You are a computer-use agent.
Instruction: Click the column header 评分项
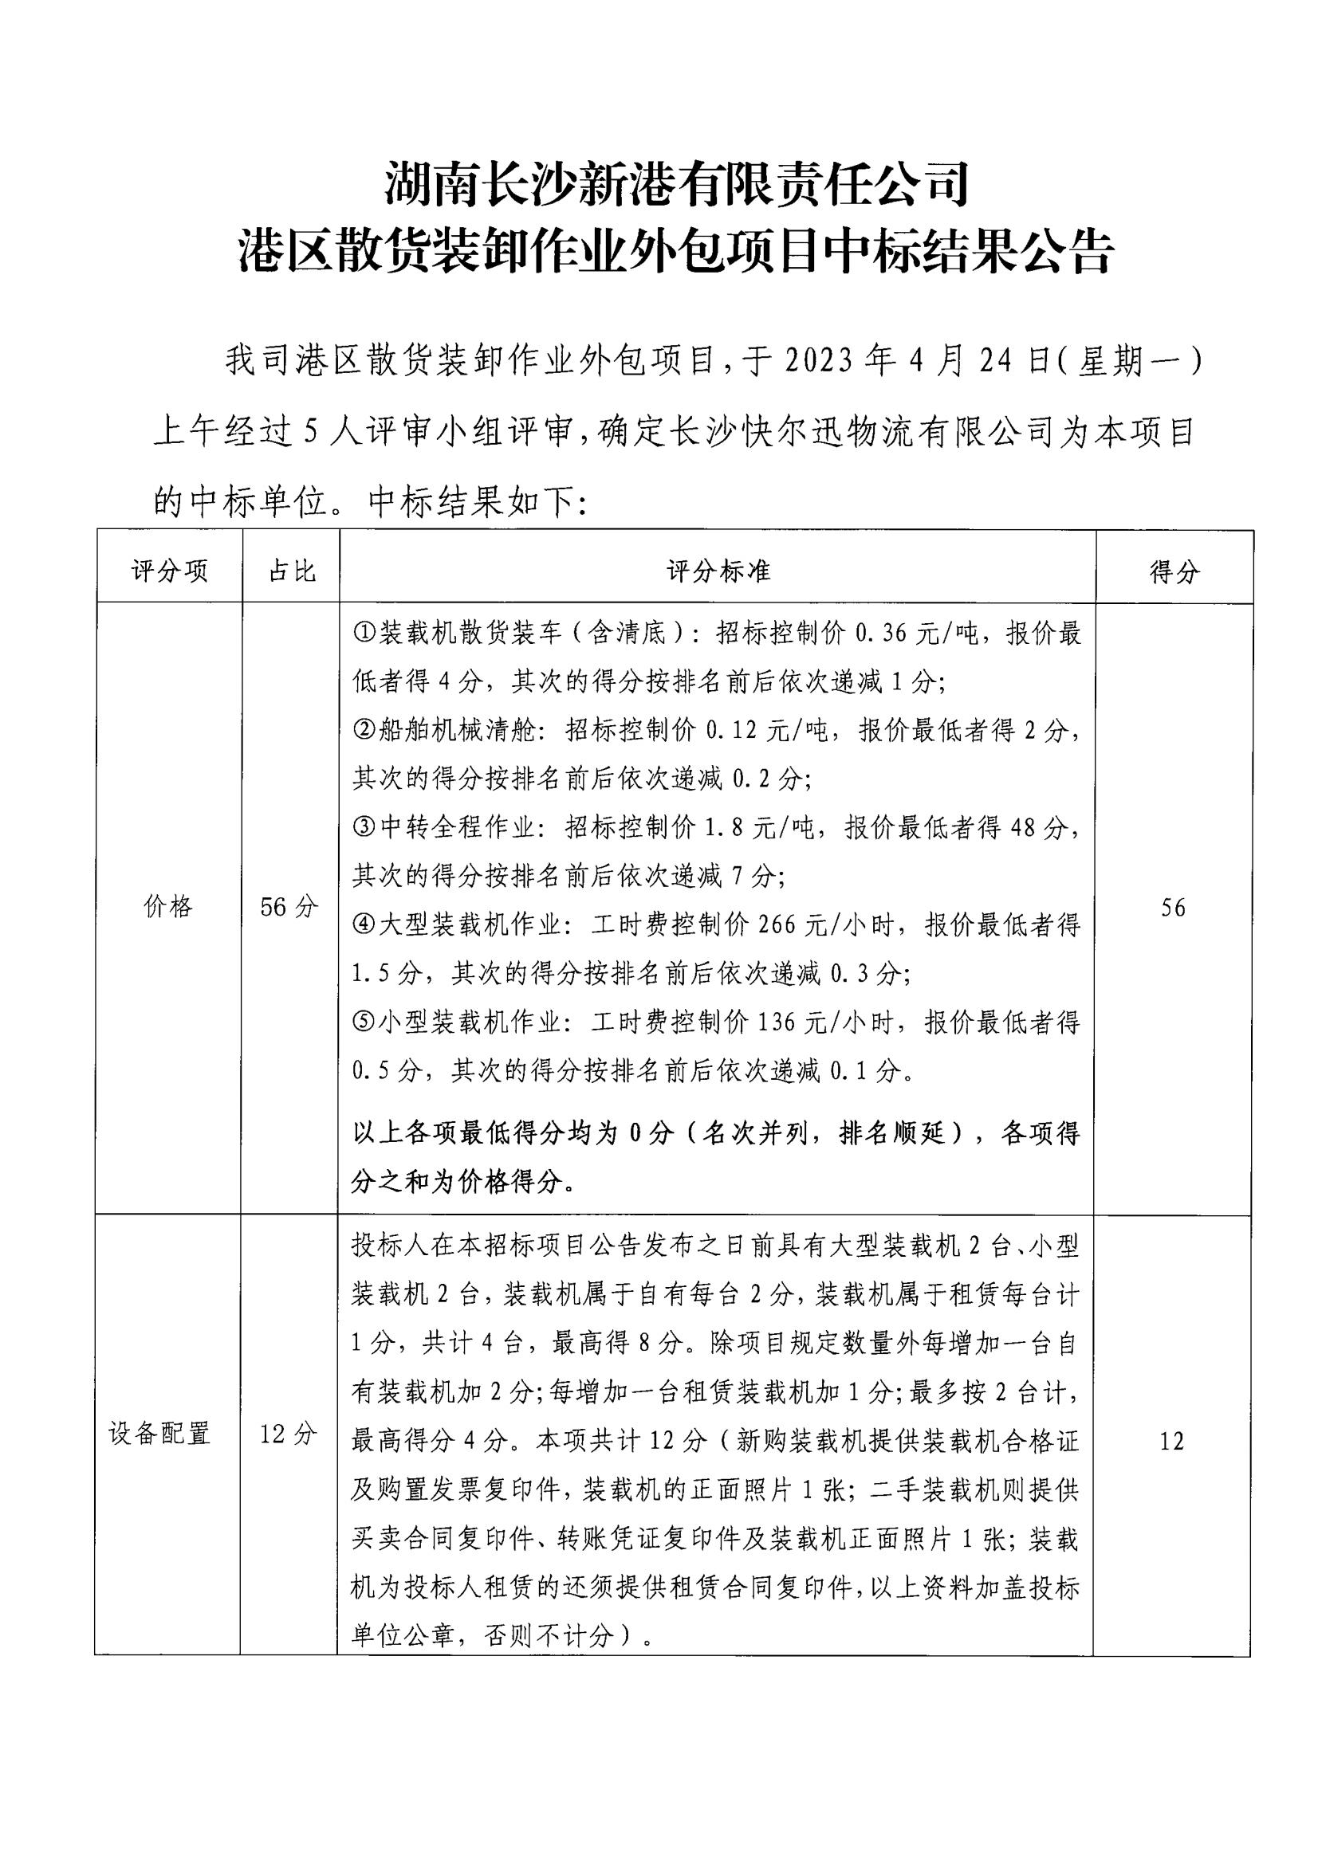[169, 571]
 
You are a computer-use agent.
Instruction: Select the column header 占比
[291, 571]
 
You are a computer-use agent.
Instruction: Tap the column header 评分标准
[718, 571]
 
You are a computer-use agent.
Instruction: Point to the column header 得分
[1174, 572]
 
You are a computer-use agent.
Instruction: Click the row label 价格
[168, 907]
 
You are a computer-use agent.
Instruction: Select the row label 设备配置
[160, 1433]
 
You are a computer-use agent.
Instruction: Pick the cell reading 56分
[289, 907]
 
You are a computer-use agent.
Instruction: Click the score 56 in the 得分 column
[1173, 908]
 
